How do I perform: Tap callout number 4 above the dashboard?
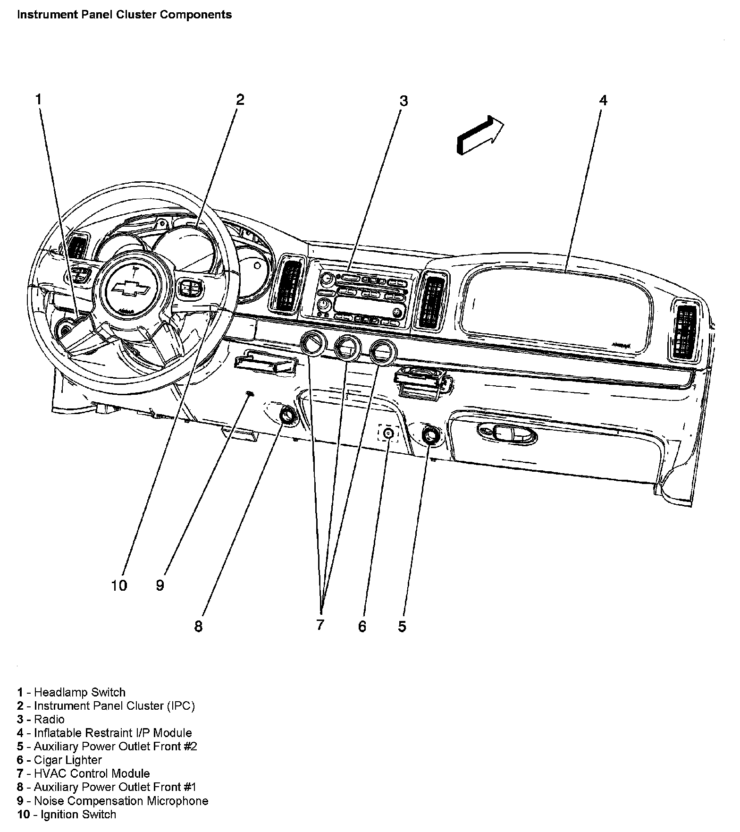pyautogui.click(x=603, y=100)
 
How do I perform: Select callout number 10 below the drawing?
pyautogui.click(x=119, y=586)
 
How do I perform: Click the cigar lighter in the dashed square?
pyautogui.click(x=388, y=433)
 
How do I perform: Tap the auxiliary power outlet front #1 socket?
pyautogui.click(x=286, y=416)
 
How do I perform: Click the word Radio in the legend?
pyautogui.click(x=49, y=719)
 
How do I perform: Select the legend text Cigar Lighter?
pyautogui.click(x=67, y=760)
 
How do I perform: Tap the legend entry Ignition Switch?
pyautogui.click(x=78, y=815)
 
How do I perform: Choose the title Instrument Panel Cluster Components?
pyautogui.click(x=124, y=15)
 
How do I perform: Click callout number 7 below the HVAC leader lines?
pyautogui.click(x=320, y=624)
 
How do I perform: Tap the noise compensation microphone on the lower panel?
pyautogui.click(x=250, y=393)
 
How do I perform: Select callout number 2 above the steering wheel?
pyautogui.click(x=240, y=100)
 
